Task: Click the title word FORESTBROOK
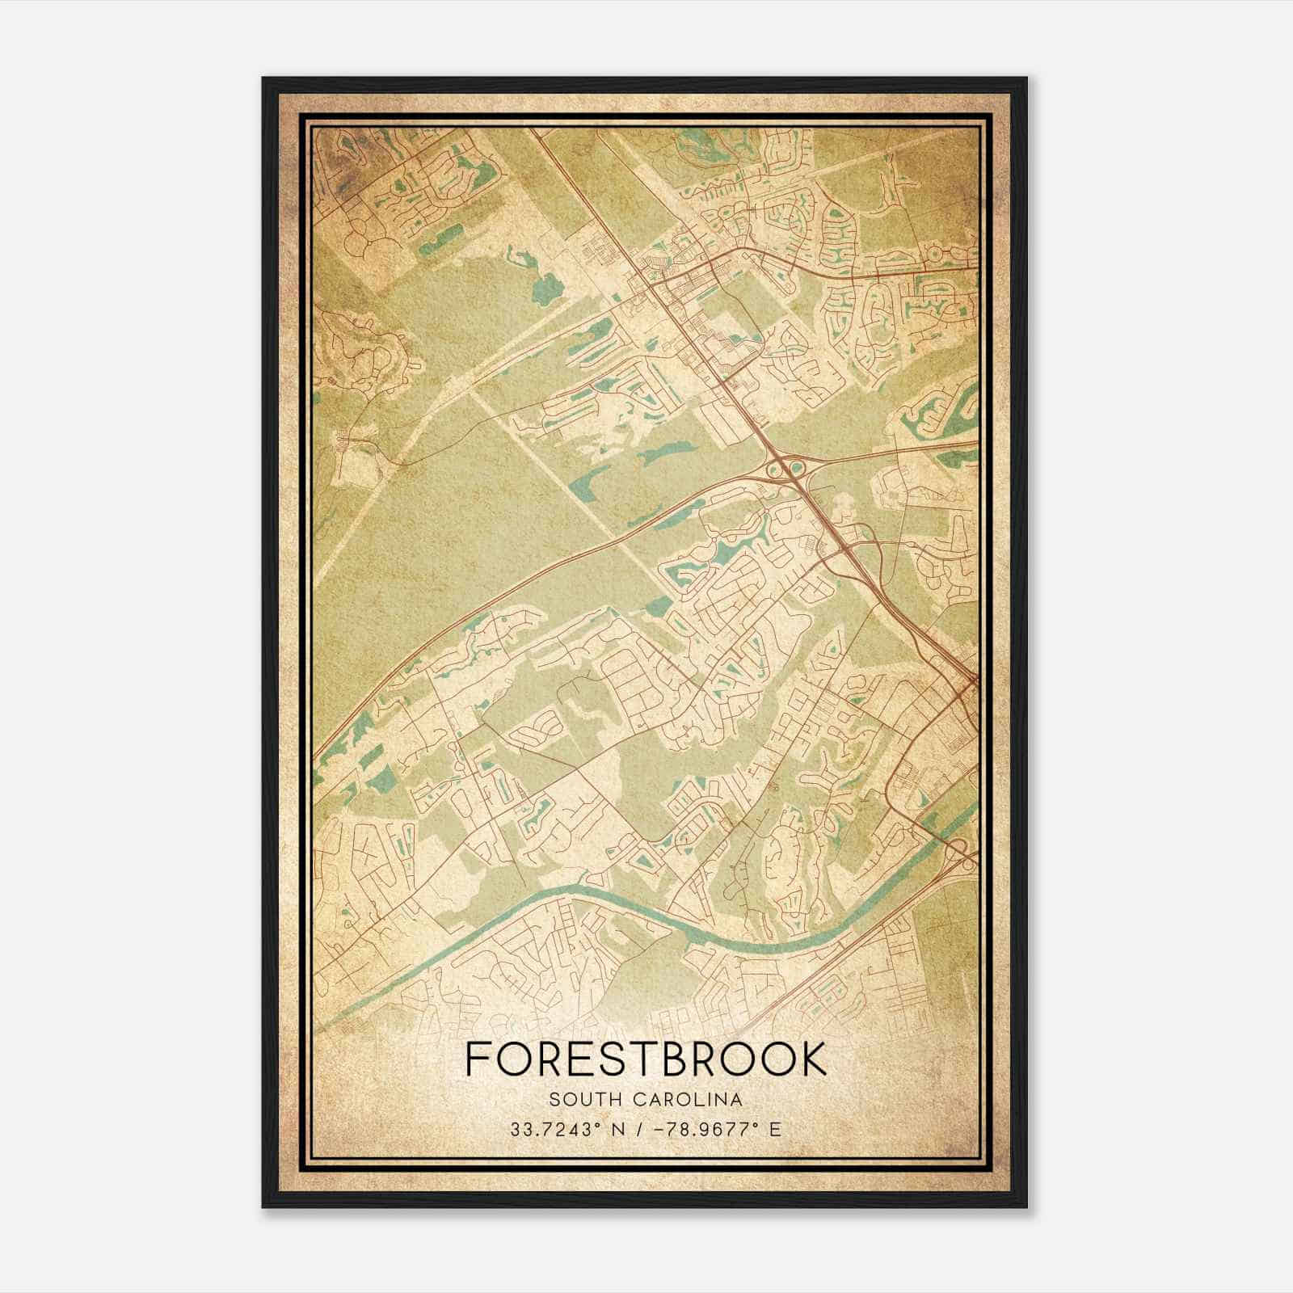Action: [646, 1059]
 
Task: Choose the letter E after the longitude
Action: [776, 1129]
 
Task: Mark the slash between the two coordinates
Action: [639, 1129]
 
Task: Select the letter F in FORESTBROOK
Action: [477, 1059]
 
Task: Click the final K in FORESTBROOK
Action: [814, 1059]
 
